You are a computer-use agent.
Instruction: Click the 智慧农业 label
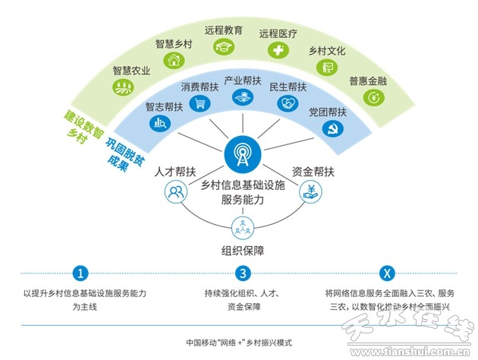click(x=131, y=71)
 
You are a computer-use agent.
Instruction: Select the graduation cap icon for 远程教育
click(x=224, y=47)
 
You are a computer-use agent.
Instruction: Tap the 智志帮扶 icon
click(x=160, y=122)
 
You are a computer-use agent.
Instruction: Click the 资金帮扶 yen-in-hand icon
click(x=310, y=192)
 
